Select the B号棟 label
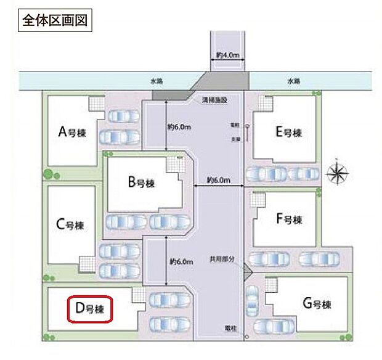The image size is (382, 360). (x=140, y=183)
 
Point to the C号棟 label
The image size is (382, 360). (x=70, y=224)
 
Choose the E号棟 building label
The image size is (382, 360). (x=289, y=133)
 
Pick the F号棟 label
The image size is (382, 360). (x=289, y=219)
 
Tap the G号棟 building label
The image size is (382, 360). (x=317, y=304)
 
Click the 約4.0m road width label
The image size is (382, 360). (x=227, y=55)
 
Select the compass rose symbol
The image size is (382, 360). (x=337, y=173)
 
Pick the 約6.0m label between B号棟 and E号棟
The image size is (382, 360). (x=218, y=181)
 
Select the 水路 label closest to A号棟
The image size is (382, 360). (x=156, y=81)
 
